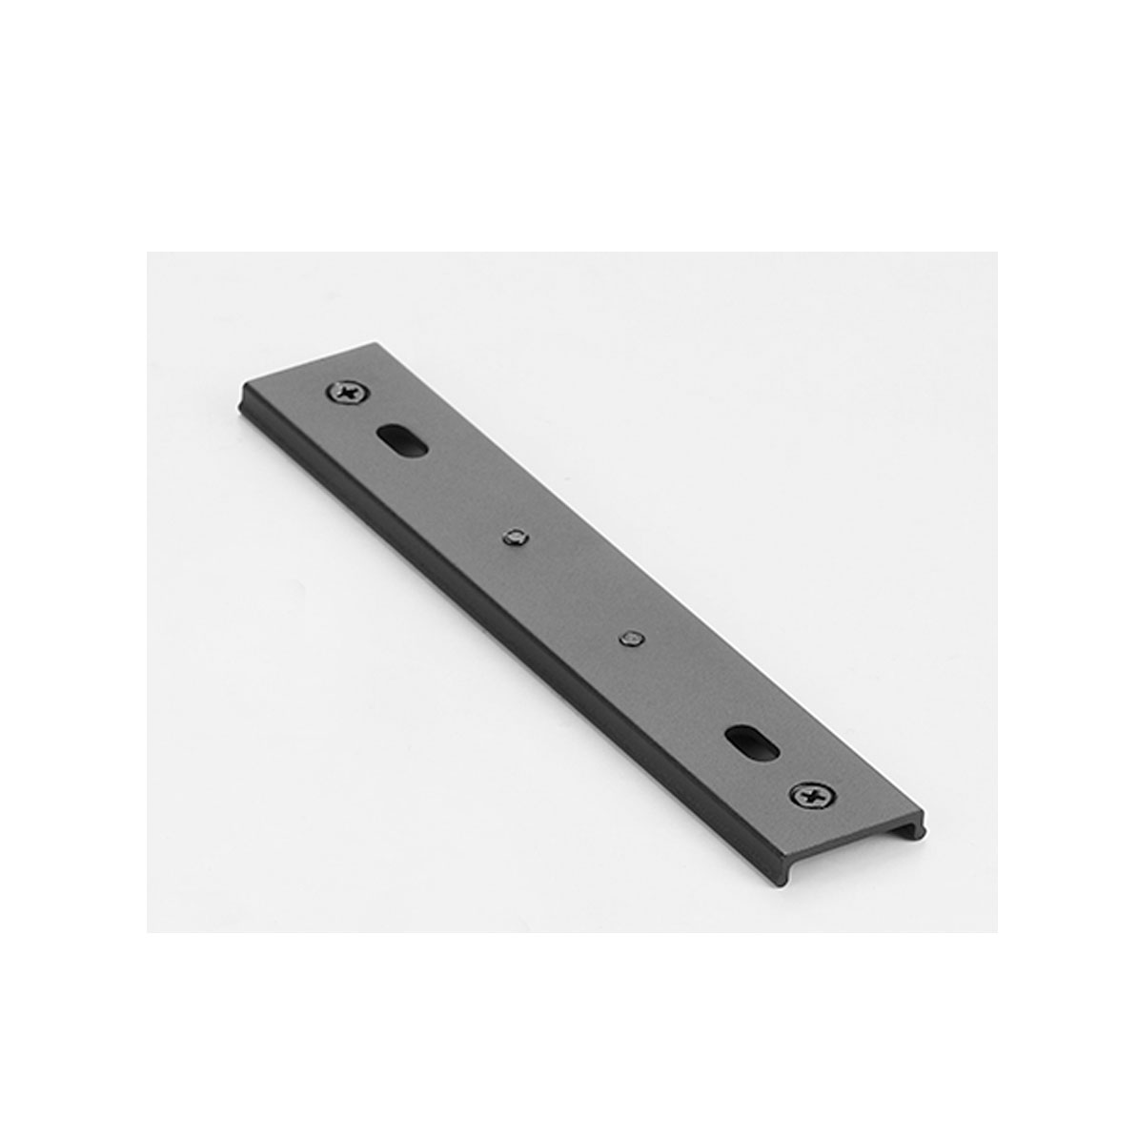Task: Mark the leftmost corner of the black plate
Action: coord(239,386)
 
